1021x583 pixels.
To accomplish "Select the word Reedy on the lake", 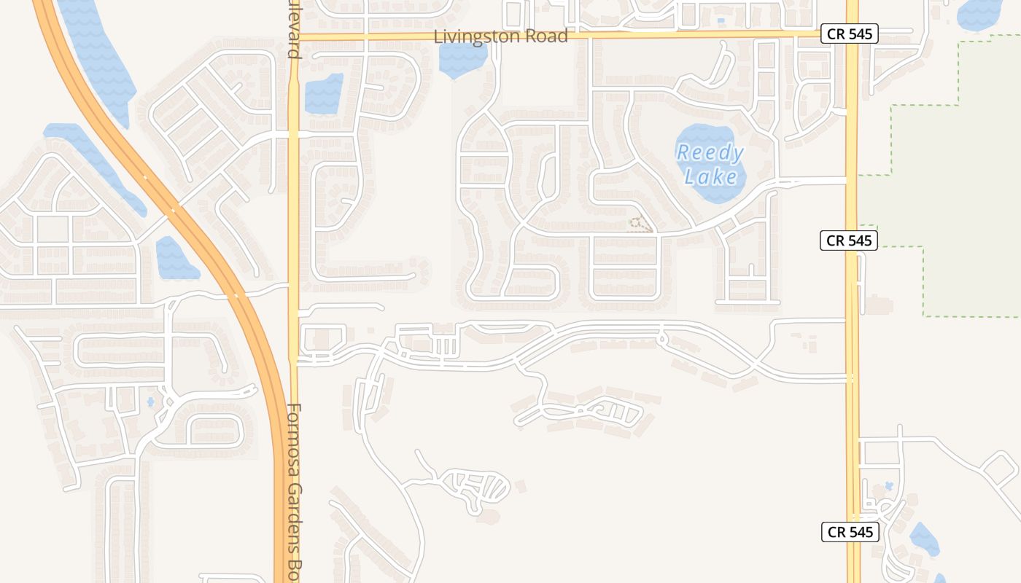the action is coord(710,153).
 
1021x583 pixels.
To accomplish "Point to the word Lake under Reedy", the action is coord(711,176).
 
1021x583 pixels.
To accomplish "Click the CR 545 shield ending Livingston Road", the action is coord(848,34).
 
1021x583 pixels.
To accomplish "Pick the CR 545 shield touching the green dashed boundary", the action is coord(848,240).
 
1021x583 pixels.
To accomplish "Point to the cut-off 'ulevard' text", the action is coord(294,29).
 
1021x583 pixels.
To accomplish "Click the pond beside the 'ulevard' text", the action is coord(323,94).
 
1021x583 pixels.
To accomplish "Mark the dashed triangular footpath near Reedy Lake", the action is coord(640,224).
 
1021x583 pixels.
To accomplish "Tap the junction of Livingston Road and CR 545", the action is coord(852,34).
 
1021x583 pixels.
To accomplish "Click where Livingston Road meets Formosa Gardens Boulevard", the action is coord(295,36).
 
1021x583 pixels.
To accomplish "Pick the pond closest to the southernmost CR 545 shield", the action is coord(923,540).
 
